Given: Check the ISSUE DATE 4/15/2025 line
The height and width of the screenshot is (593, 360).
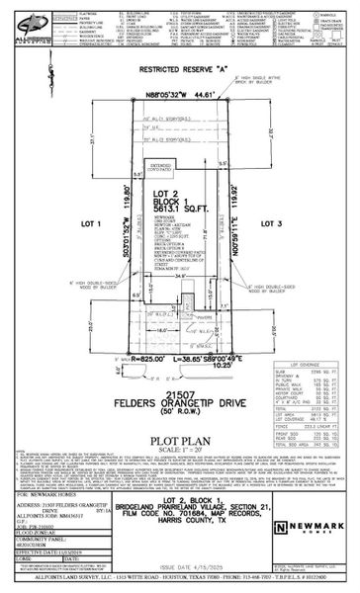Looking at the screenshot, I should (x=188, y=567).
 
